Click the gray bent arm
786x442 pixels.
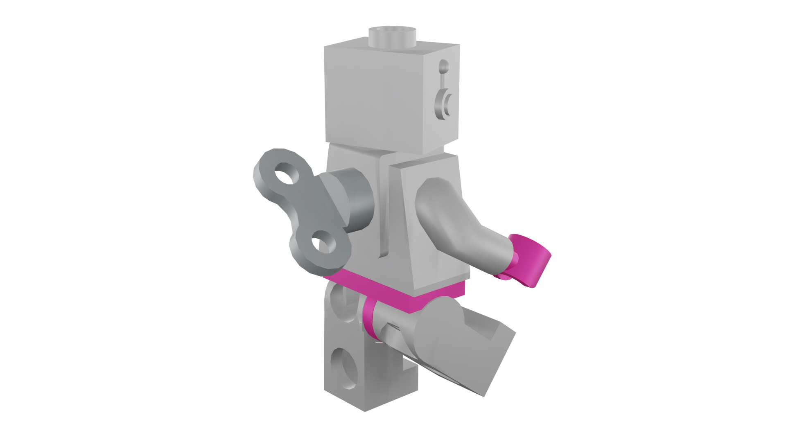[458, 221]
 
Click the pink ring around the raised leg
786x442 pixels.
[370, 319]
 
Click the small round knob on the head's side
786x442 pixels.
[443, 66]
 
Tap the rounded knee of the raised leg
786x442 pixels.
[442, 323]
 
